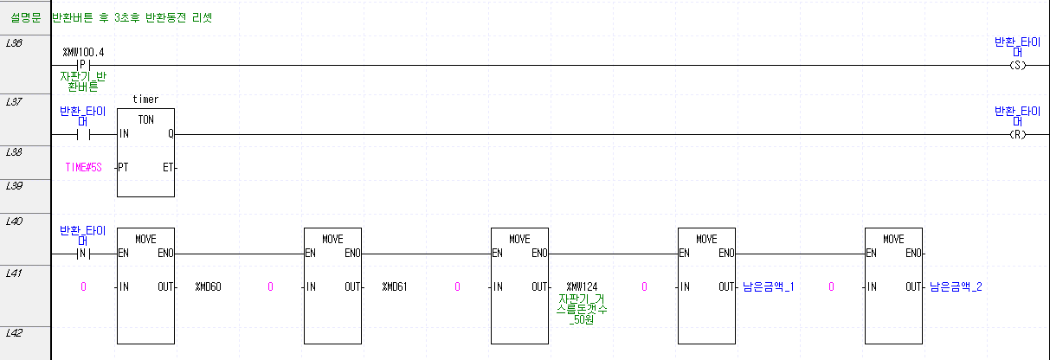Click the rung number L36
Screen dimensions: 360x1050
pos(14,42)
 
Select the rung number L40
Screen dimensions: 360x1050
pos(14,221)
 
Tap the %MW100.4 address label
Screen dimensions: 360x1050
pos(83,52)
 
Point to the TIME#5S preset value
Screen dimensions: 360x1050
pos(83,167)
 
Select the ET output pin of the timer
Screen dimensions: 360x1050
pos(167,167)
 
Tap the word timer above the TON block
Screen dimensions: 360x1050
pos(145,100)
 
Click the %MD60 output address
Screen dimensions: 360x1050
pos(209,286)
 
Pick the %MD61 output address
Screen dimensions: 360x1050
pos(396,286)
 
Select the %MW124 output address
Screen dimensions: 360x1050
pos(582,286)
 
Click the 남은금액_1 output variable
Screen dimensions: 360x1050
pos(769,286)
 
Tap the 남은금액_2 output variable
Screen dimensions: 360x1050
pos(956,286)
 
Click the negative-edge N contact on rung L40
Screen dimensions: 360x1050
pos(83,254)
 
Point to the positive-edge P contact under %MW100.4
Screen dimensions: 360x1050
pos(83,65)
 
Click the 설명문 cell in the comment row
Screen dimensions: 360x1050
pos(24,17)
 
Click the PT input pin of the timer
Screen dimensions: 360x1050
pos(125,167)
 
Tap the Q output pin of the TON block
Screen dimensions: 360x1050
pos(170,134)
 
